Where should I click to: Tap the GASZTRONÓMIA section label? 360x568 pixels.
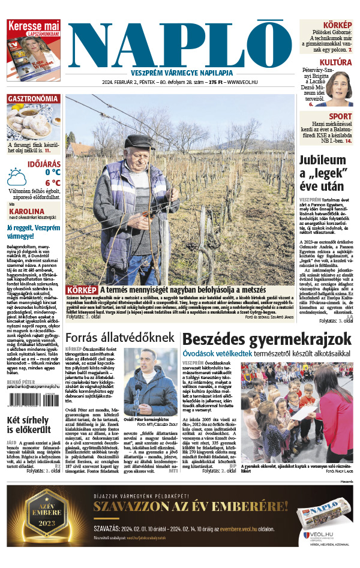(32, 98)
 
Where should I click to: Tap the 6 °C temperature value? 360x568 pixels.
(53, 183)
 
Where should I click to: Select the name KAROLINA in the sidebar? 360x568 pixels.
(27, 212)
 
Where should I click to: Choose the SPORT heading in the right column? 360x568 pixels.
(340, 116)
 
